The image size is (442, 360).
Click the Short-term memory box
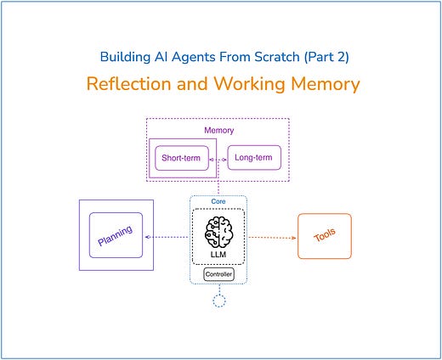182,158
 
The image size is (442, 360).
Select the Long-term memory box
255,158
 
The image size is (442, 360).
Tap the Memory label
219,132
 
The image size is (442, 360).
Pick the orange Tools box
324,236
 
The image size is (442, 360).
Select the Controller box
218,274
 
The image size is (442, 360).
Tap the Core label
218,203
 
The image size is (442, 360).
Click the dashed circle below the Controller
218,300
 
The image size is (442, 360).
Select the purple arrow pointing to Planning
167,237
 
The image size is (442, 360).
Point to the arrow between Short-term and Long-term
219,158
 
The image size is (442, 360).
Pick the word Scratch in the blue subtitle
263,58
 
